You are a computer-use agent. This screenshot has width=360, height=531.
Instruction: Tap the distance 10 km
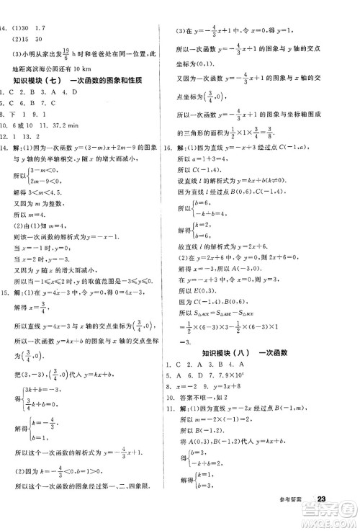(x=66, y=68)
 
